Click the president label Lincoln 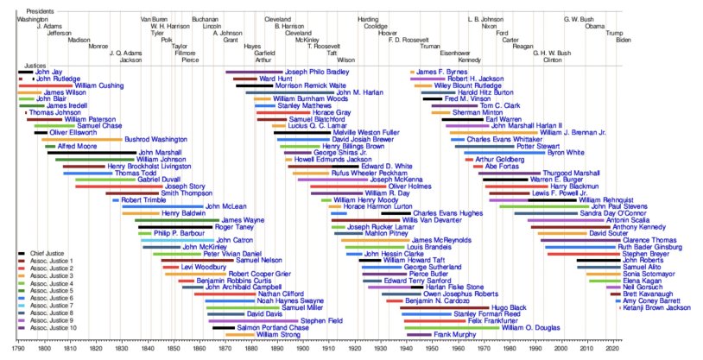tap(212, 26)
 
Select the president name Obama tap(595, 26)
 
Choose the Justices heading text tap(35, 65)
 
